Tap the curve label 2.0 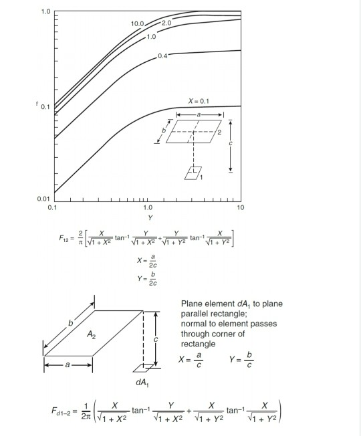pos(166,23)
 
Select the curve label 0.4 pos(162,55)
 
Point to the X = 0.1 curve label pos(200,100)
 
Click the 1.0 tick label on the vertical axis pos(44,12)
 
